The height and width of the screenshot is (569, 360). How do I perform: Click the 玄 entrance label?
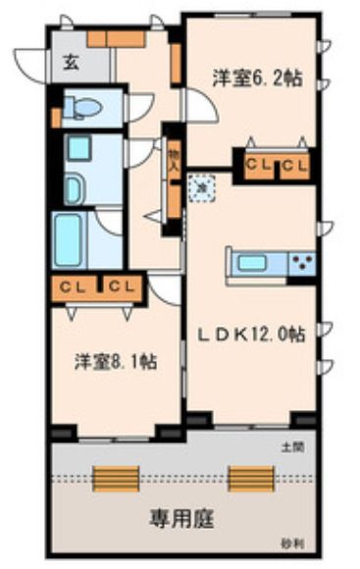73,64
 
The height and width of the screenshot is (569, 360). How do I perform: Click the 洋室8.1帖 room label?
114,360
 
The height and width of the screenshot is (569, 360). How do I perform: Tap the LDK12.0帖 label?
254,334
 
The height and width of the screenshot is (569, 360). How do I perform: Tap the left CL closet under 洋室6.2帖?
258,164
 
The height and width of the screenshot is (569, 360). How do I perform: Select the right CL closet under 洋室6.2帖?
295,164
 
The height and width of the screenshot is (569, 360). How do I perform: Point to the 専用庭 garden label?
181,516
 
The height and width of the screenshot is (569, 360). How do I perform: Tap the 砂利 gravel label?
290,543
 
